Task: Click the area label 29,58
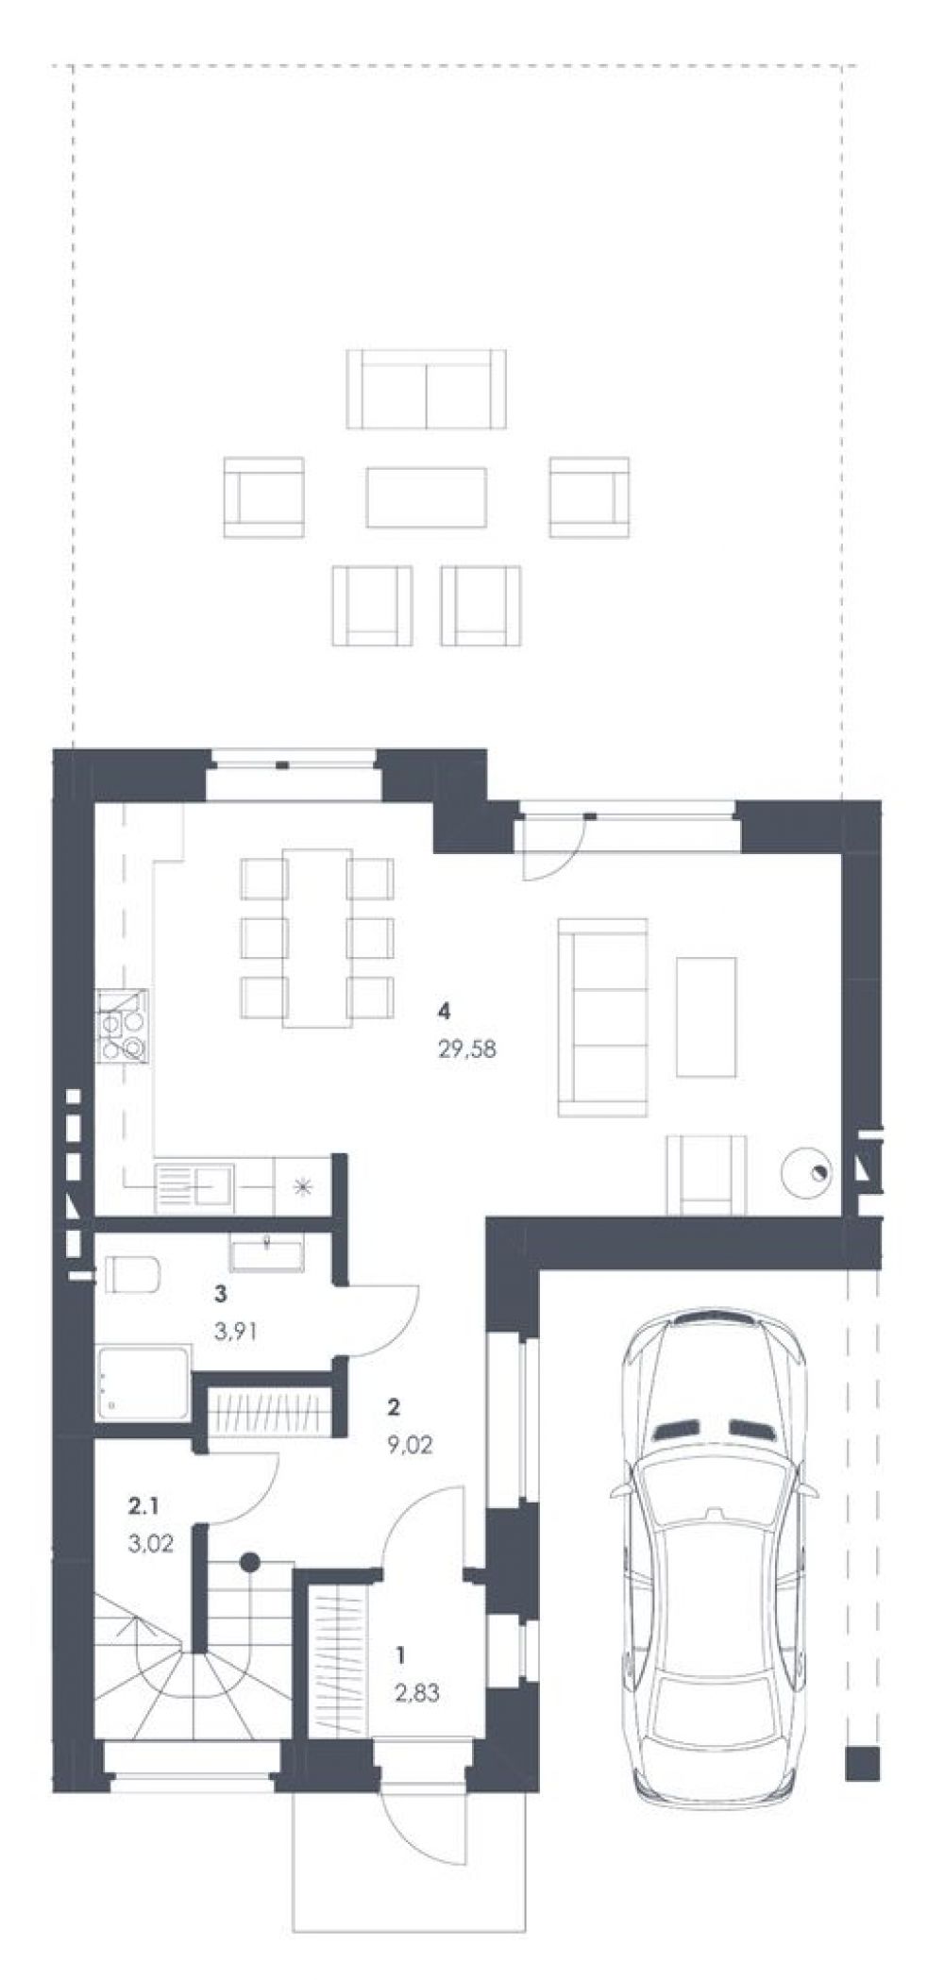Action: coord(466,1048)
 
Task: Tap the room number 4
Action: coord(444,1012)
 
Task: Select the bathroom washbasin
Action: coord(267,1251)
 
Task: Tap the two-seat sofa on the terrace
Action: coord(425,388)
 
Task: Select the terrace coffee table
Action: coord(427,497)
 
